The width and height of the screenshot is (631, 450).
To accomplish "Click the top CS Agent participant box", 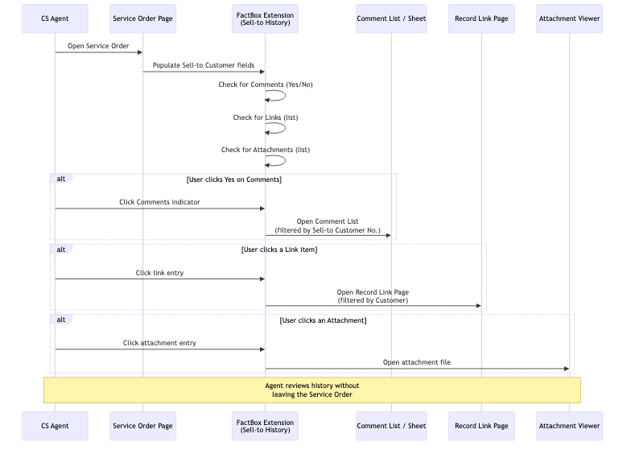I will point(55,19).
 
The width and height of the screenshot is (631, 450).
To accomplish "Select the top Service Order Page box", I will point(142,19).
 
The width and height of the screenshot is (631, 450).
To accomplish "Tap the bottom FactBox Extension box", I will point(265,426).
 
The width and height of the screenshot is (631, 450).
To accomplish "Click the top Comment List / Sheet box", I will point(391,19).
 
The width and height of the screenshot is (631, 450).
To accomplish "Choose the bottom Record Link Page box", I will point(481,426).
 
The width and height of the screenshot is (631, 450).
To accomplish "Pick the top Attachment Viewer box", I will point(569,19).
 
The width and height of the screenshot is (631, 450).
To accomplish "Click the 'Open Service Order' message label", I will point(98,46).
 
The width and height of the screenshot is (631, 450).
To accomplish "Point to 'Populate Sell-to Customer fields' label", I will point(204,65).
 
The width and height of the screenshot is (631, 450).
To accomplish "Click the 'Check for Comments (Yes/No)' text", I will point(266,85).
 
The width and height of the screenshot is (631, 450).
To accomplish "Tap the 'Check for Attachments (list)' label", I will point(266,150).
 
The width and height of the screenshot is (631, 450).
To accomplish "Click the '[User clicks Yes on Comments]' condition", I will point(234,180).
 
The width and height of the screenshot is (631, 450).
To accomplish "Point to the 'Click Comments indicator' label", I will point(159,202).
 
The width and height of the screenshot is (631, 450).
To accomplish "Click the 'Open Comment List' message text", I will point(328,225).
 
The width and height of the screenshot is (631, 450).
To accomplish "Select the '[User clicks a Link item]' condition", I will point(279,250).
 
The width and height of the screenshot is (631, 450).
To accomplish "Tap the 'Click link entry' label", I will point(159,273).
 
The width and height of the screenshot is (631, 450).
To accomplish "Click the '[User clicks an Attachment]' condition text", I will point(323,320).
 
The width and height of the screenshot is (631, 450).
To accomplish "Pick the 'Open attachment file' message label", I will point(416,362).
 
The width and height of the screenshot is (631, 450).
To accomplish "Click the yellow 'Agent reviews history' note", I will point(311,390).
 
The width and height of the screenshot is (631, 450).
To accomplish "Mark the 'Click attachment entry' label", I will point(159,343).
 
